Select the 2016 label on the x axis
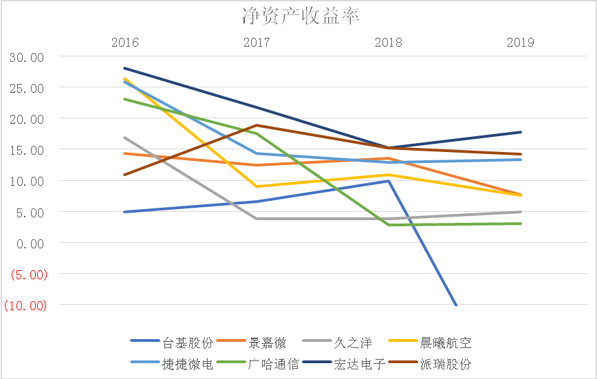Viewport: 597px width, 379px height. pyautogui.click(x=124, y=43)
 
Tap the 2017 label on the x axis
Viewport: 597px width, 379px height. pyautogui.click(x=257, y=43)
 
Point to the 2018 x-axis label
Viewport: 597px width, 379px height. pyautogui.click(x=389, y=43)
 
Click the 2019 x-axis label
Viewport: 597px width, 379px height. pyautogui.click(x=521, y=43)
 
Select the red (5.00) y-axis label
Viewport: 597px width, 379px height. pyautogui.click(x=26, y=274)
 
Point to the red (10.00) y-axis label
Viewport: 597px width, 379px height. pyautogui.click(x=25, y=305)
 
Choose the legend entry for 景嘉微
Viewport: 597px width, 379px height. pyautogui.click(x=265, y=343)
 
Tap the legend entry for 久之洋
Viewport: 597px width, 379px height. pyautogui.click(x=351, y=343)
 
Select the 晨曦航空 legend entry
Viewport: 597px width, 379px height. pyautogui.click(x=446, y=343)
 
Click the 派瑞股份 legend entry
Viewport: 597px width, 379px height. pyautogui.click(x=446, y=364)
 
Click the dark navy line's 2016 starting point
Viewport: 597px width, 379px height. pyautogui.click(x=124, y=68)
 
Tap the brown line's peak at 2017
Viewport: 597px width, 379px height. pyautogui.click(x=257, y=125)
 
